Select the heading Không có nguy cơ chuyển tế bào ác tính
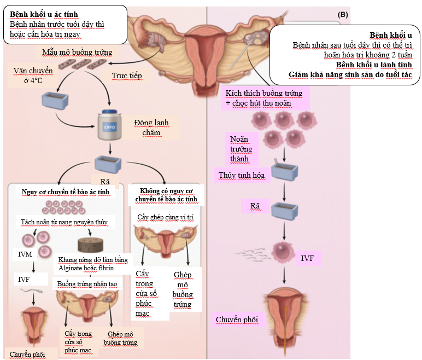[x=168, y=195]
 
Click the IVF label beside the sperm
[x=309, y=257]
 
